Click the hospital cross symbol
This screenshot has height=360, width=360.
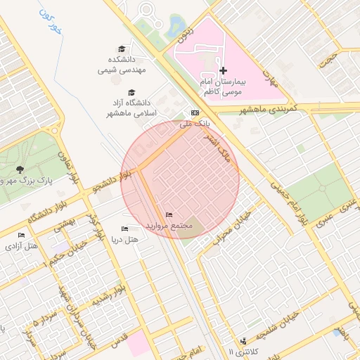(224, 70)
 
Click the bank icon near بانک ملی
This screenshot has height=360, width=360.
(195, 112)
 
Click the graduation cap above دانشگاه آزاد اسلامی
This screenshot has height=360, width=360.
(131, 92)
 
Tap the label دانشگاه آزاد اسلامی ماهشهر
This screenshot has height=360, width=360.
(131, 108)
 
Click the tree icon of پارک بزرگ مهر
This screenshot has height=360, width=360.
(20, 169)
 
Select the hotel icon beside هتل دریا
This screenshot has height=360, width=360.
(125, 229)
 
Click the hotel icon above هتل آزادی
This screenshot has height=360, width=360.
(21, 235)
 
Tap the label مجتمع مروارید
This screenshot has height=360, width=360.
(169, 226)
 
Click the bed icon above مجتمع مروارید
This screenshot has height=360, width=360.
(169, 214)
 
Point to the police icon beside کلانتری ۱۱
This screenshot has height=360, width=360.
(243, 341)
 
